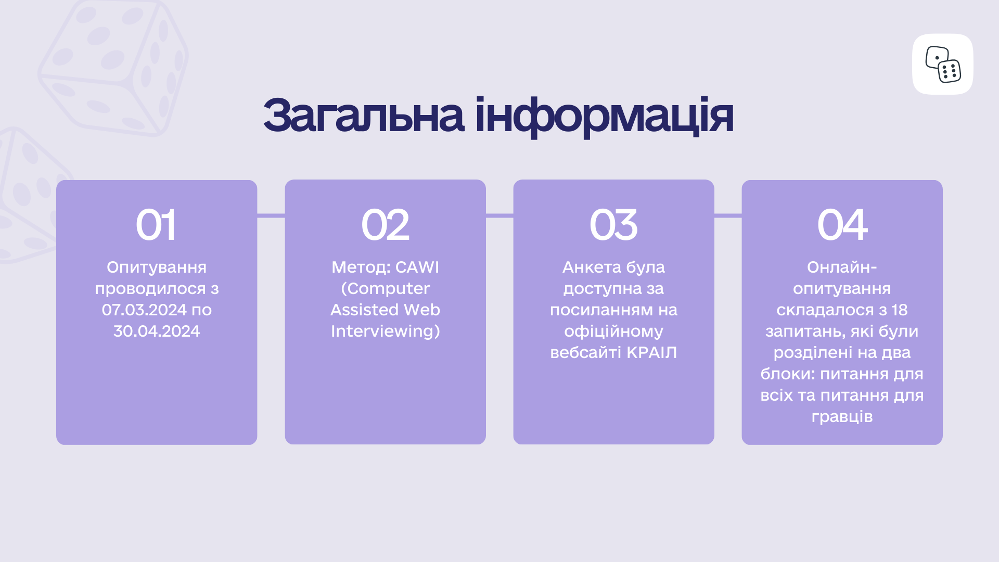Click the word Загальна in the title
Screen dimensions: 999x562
click(x=363, y=116)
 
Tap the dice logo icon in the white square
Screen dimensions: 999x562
click(x=943, y=65)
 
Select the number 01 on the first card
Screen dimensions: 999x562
click(x=156, y=225)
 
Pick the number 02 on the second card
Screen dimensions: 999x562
click(x=385, y=225)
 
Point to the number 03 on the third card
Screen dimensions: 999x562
click(x=613, y=225)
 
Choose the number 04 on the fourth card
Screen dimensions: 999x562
click(x=842, y=225)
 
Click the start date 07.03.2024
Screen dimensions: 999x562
click(x=144, y=310)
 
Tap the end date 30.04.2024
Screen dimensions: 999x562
click(x=157, y=331)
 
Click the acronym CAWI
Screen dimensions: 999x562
click(x=417, y=267)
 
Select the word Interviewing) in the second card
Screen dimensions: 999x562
click(x=386, y=331)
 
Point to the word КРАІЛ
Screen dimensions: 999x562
click(x=651, y=353)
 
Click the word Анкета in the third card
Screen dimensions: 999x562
click(x=592, y=267)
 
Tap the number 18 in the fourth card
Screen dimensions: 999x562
click(x=900, y=310)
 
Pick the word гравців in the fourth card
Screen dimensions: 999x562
click(x=842, y=417)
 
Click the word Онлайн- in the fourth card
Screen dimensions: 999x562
click(x=842, y=267)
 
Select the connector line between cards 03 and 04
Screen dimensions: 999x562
click(x=728, y=215)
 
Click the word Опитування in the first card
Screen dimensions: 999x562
click(x=157, y=267)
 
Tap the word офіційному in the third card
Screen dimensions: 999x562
click(x=613, y=331)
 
